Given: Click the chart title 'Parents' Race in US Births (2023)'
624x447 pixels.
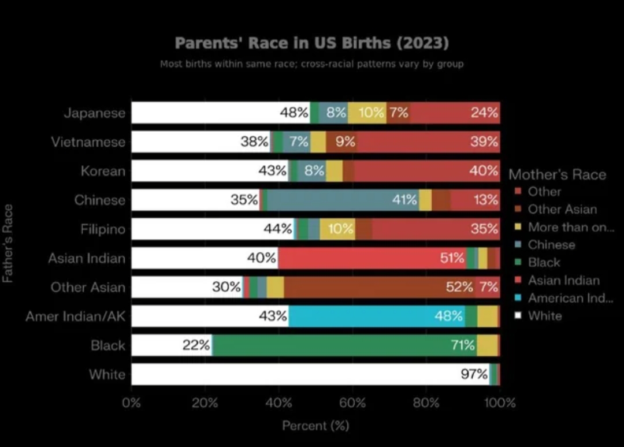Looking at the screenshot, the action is click(311, 43).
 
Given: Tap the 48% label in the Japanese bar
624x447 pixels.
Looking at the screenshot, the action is click(294, 113).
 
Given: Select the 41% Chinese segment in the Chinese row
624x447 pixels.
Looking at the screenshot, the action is click(343, 200).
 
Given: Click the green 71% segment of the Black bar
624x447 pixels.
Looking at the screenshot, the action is click(344, 345).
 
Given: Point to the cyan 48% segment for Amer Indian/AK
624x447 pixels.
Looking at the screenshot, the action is click(377, 316).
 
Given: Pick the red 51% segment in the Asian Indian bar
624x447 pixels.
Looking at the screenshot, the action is click(372, 258).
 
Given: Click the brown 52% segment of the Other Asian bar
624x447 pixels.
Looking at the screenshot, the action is click(379, 286).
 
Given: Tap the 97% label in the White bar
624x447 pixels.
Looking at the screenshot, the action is click(474, 374).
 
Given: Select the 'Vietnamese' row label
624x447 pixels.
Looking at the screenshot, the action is click(88, 142).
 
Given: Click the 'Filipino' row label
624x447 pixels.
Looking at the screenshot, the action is click(103, 229).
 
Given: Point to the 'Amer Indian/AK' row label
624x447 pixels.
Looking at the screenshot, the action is click(76, 316).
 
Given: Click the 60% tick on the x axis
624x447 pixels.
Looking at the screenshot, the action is click(352, 403).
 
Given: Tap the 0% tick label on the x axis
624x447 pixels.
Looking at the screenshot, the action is click(131, 403).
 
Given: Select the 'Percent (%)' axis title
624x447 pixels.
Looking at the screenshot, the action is click(315, 426).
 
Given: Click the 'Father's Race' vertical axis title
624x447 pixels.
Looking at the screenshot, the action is click(8, 243).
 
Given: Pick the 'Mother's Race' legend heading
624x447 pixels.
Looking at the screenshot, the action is click(557, 174).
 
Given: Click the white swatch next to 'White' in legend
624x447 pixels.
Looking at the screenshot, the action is click(518, 315).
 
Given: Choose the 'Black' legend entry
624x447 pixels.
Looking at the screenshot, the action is click(544, 262).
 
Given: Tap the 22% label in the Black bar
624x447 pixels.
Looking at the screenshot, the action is click(196, 345).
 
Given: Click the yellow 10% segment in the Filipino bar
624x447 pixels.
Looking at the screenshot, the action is click(337, 229).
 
